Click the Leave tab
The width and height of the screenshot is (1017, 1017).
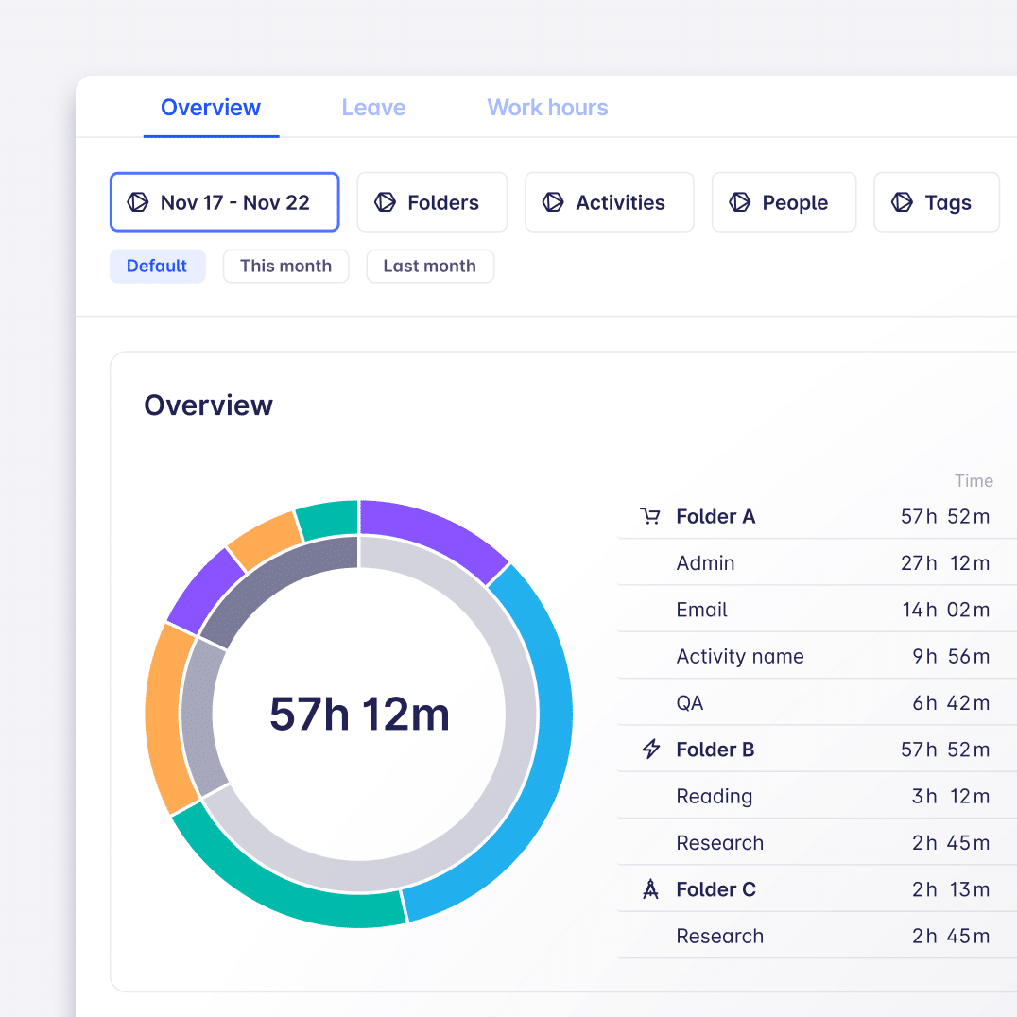click(373, 108)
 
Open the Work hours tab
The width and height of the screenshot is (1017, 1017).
click(547, 108)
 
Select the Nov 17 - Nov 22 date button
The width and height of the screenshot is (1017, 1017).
click(224, 202)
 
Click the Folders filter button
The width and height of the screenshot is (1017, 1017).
click(432, 202)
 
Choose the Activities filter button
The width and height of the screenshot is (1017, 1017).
click(609, 202)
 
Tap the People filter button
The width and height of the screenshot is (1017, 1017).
click(784, 202)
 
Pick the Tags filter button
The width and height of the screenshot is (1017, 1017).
click(936, 202)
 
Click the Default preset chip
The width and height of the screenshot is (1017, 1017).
click(157, 267)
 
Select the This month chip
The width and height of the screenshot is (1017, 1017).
click(285, 267)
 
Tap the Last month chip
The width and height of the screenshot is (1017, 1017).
click(429, 267)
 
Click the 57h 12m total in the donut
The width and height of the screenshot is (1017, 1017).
click(359, 714)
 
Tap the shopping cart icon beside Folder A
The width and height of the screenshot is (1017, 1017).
click(650, 517)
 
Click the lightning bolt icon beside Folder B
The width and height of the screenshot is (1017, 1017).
click(650, 750)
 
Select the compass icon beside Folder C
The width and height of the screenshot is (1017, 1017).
click(650, 889)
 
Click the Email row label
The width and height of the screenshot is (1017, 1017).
click(701, 610)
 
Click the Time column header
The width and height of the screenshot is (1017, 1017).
click(974, 481)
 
